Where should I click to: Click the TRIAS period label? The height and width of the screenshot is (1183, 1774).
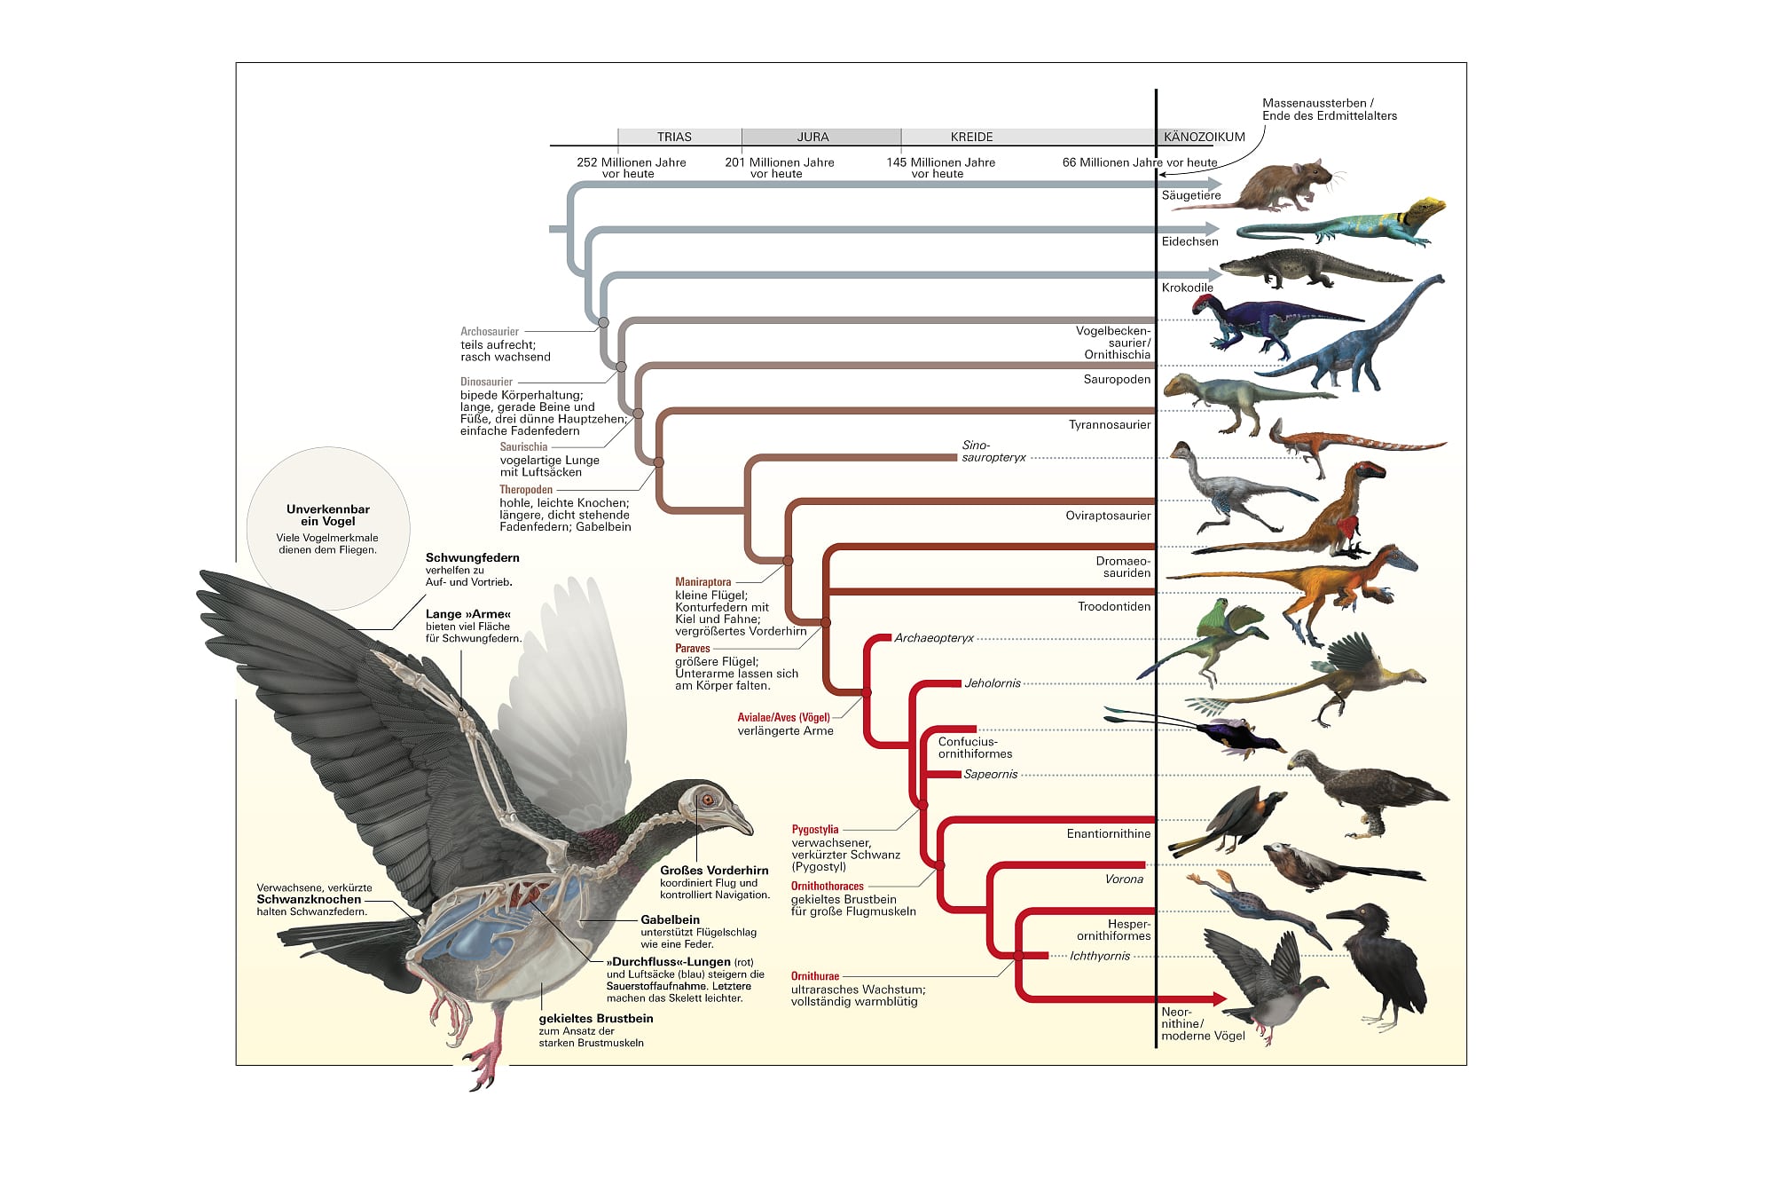tap(674, 137)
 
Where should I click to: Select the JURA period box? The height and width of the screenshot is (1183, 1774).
tap(812, 137)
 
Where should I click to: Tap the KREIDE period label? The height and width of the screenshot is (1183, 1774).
tap(971, 137)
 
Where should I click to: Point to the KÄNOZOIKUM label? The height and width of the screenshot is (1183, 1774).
tap(1204, 137)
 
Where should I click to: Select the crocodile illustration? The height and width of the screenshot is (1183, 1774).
tap(1304, 269)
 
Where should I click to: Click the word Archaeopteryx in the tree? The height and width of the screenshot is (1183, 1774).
tap(933, 638)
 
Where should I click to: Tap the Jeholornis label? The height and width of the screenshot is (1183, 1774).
tap(993, 683)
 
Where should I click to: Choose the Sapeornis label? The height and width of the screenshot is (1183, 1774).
tap(990, 774)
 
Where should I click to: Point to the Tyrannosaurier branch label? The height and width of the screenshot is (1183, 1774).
tap(1109, 425)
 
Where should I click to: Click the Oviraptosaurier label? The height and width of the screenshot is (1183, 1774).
tap(1108, 516)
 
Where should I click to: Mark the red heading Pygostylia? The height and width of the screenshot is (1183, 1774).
tap(815, 830)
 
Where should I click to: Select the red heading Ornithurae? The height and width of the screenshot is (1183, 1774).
tap(815, 976)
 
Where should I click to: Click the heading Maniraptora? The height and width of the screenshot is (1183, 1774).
tap(703, 582)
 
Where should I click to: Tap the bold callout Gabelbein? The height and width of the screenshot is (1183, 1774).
tap(670, 920)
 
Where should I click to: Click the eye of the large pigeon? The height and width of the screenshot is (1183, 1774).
tap(708, 800)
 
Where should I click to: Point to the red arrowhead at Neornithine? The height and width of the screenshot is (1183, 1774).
tap(1219, 999)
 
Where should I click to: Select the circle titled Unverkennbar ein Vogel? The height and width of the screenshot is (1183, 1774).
tap(328, 528)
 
